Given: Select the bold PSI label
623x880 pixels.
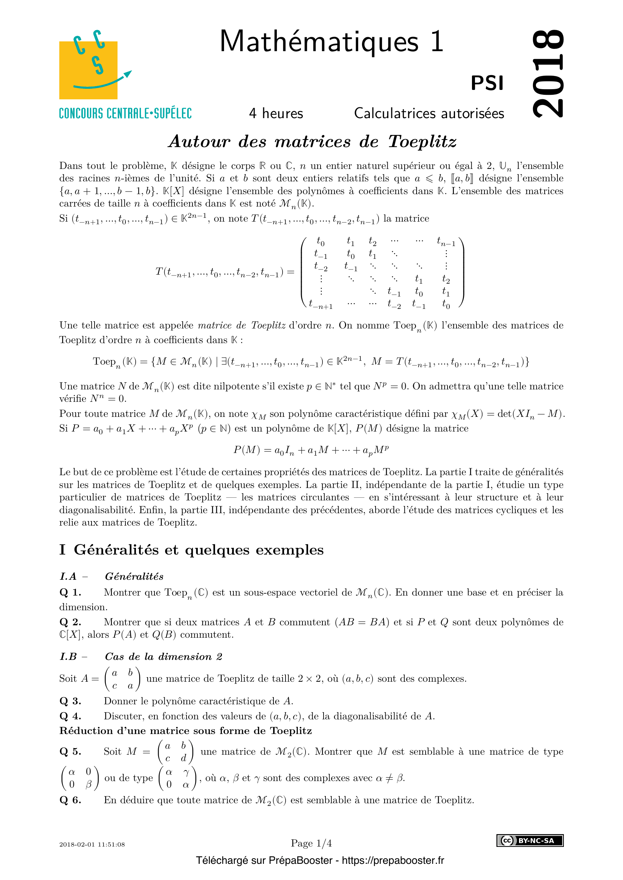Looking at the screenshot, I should pyautogui.click(x=487, y=83).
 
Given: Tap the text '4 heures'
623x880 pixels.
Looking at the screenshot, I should pyautogui.click(x=276, y=114).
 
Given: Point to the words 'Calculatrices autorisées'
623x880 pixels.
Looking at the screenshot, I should pyautogui.click(x=429, y=114).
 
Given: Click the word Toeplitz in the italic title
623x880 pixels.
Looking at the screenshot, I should pyautogui.click(x=422, y=141).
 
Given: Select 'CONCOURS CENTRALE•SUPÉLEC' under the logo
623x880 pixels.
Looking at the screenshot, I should pyautogui.click(x=125, y=114).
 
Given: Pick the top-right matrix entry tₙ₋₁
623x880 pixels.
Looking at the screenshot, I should pyautogui.click(x=446, y=242).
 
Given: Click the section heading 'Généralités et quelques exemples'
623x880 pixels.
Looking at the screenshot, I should pyautogui.click(x=199, y=550).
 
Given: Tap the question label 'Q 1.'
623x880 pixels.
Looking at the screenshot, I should pyautogui.click(x=70, y=593).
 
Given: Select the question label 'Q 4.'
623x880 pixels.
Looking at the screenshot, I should pyautogui.click(x=70, y=716).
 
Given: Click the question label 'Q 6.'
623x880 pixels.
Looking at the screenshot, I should pyautogui.click(x=70, y=800).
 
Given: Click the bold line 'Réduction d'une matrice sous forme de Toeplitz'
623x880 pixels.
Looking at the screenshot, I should pyautogui.click(x=185, y=731).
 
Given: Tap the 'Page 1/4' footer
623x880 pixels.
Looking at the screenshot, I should pyautogui.click(x=311, y=843).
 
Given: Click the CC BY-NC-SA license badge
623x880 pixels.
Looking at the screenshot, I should pyautogui.click(x=530, y=840).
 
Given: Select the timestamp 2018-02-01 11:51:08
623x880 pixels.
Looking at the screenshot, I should pyautogui.click(x=92, y=844).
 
